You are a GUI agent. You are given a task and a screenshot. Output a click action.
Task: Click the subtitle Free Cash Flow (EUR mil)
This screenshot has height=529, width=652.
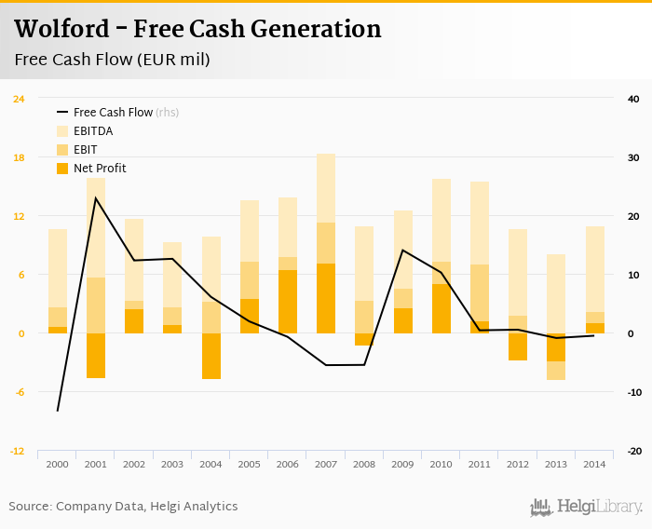112,60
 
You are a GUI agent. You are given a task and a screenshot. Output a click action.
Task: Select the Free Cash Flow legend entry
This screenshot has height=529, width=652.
113,113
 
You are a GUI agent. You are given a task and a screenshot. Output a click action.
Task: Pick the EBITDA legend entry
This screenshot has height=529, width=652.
92,131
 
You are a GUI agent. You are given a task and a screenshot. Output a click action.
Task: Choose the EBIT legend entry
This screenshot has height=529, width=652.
85,150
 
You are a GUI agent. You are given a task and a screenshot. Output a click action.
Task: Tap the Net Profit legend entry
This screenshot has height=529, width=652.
99,169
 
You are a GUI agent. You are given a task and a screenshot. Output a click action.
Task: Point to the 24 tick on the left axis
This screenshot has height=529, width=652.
19,99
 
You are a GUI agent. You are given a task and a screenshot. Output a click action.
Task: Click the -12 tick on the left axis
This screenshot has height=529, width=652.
19,451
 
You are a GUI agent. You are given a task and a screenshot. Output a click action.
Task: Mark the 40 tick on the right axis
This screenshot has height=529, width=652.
632,99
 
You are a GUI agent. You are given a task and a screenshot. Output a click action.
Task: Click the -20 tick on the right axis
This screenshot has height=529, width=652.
632,451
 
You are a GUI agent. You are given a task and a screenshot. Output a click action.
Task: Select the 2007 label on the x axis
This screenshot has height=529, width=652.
325,464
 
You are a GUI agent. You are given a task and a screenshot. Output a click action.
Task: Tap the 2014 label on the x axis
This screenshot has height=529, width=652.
594,464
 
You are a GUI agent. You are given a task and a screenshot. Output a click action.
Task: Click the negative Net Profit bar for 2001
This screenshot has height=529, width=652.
96,355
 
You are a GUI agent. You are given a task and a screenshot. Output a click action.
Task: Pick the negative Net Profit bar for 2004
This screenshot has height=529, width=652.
211,356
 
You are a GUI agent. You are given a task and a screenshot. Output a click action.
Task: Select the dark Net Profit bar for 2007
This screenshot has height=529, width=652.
325,298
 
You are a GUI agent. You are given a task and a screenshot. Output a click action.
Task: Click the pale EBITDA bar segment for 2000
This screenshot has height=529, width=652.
58,268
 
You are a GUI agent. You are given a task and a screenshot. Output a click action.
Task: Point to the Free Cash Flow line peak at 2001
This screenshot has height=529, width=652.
96,197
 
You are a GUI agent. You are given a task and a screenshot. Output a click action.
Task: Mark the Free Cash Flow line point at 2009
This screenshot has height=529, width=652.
402,250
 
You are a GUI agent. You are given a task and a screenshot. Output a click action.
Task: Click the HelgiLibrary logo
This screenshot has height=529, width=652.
586,507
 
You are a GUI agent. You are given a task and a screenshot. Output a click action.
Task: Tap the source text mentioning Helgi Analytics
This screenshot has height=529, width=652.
123,507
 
